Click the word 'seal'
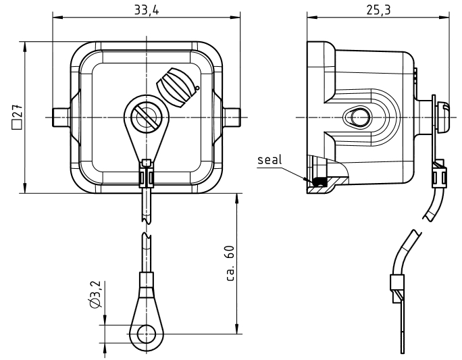point(269,161)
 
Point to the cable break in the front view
point(145,226)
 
